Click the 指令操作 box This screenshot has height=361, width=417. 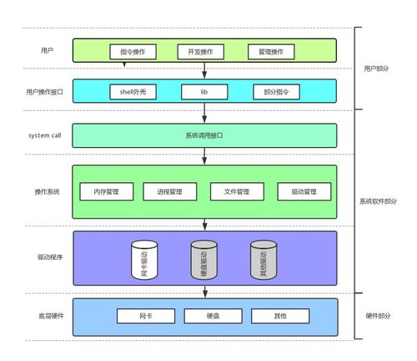pos(132,52)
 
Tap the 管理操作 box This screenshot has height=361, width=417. pos(272,52)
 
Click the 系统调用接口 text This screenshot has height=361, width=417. pos(204,135)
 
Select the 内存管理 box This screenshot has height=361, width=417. pos(106,191)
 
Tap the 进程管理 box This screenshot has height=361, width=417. pos(169,191)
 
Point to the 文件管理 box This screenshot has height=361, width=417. pos(237,191)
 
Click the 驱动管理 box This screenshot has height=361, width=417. pos(304,191)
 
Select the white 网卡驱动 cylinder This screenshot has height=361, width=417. pos(144,259)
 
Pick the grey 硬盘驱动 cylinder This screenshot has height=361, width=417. pos(203,259)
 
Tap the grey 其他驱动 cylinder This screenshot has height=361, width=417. pos(264,259)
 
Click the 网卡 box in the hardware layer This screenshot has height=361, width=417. pos(133,316)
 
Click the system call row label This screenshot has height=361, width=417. pos(45,135)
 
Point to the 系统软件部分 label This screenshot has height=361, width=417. pos(379,201)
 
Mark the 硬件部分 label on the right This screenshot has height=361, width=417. pos(380,316)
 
